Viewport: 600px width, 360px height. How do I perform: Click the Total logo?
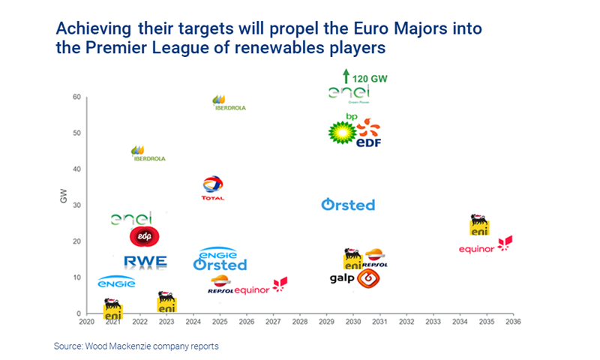(x=213, y=187)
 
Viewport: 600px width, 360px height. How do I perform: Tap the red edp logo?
(x=144, y=236)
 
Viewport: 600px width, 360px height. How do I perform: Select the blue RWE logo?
(x=145, y=262)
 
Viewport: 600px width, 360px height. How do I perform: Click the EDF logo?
(x=368, y=133)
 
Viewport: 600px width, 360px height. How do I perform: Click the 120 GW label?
(x=369, y=78)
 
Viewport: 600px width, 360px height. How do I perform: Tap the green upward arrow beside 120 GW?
(x=346, y=76)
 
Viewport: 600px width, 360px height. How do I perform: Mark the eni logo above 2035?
(x=478, y=224)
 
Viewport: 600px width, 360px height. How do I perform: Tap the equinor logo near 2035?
(x=485, y=246)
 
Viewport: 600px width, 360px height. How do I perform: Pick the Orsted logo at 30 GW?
(x=348, y=205)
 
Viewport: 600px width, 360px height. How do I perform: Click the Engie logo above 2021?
(x=116, y=282)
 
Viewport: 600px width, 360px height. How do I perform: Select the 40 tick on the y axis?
(x=76, y=169)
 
